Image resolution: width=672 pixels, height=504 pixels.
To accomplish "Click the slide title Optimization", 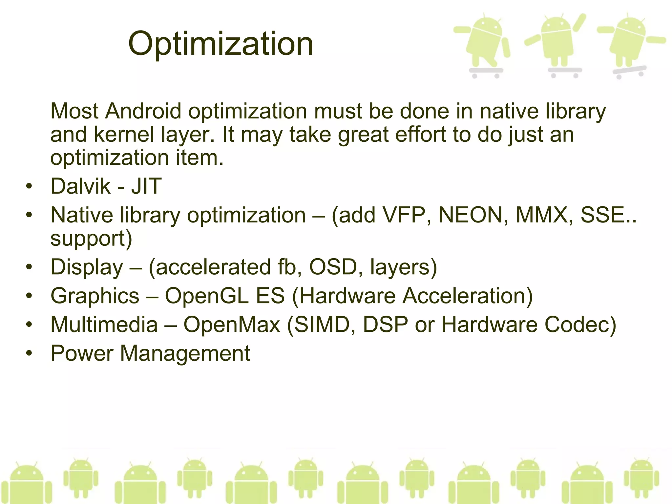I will click(220, 44).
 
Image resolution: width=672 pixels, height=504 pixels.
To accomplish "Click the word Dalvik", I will click(80, 186).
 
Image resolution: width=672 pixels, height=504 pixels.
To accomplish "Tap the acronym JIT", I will click(146, 186).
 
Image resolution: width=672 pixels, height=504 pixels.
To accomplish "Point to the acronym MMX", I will click(542, 215).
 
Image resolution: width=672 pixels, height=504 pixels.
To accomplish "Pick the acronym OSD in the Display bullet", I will click(333, 267).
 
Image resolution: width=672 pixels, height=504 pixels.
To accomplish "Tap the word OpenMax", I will click(232, 325).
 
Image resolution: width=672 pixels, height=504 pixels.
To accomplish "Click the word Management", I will click(185, 353).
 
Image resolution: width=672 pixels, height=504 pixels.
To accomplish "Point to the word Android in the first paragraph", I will click(143, 111).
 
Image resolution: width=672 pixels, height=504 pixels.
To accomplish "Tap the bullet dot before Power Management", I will click(30, 353).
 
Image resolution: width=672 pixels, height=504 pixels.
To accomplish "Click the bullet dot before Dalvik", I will click(30, 186).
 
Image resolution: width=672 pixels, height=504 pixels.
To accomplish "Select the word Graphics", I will click(95, 296).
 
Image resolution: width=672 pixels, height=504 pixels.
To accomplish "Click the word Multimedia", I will click(104, 325).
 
